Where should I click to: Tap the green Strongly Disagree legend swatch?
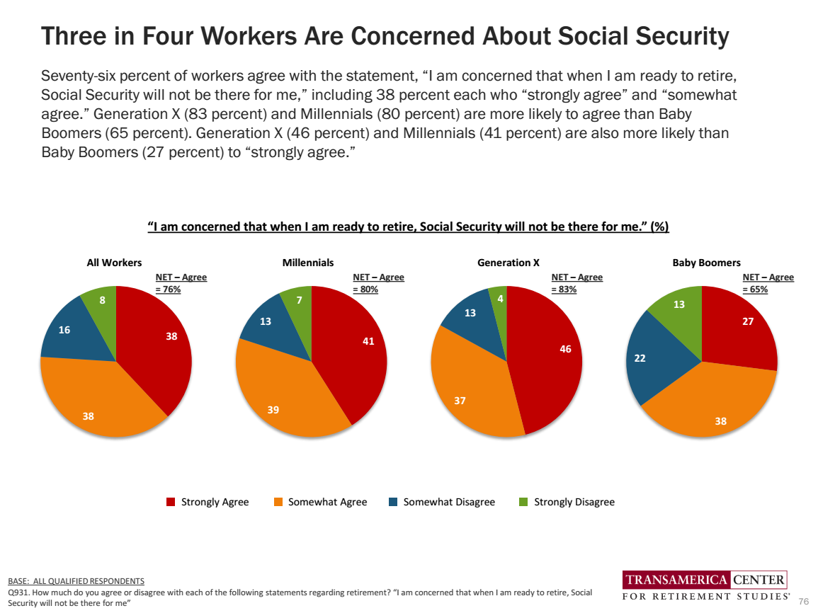pos(523,502)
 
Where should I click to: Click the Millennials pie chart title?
pos(308,263)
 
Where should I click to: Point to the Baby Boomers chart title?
pos(706,263)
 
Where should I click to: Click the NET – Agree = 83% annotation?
pos(576,283)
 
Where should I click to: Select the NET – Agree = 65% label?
pos(768,283)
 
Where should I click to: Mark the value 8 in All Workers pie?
pos(102,300)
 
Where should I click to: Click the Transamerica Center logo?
pos(705,587)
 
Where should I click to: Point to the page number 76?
pos(803,601)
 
